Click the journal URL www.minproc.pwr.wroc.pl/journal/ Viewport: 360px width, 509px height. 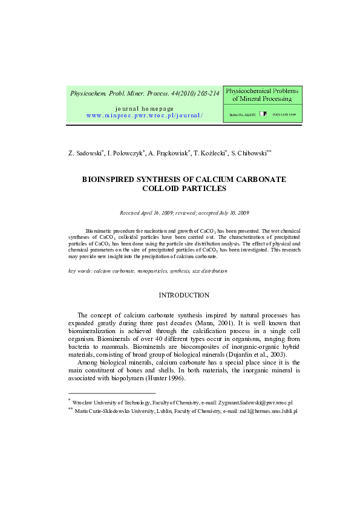(x=145, y=114)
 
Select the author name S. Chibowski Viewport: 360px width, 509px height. (x=250, y=154)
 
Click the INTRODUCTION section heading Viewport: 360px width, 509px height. (x=184, y=296)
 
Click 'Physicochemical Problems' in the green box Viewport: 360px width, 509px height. (x=262, y=91)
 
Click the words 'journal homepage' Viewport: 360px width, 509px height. (x=144, y=108)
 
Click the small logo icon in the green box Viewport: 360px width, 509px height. (x=263, y=113)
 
